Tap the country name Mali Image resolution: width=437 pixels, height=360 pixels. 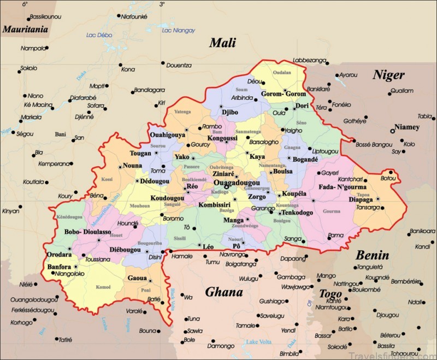[223, 43]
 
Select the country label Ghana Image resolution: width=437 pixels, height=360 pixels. [224, 292]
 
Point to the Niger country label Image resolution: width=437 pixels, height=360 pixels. [388, 75]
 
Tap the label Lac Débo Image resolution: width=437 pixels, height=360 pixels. [99, 36]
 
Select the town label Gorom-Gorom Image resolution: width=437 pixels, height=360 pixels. [284, 94]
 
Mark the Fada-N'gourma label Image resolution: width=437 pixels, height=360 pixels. [342, 188]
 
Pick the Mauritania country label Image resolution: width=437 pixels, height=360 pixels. [25, 29]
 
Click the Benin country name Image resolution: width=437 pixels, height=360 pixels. [373, 255]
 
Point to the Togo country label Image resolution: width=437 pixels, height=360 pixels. [330, 294]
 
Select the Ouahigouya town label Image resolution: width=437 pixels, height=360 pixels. [168, 135]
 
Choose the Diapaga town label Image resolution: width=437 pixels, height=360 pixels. [360, 199]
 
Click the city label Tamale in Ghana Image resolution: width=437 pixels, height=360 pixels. [246, 325]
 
